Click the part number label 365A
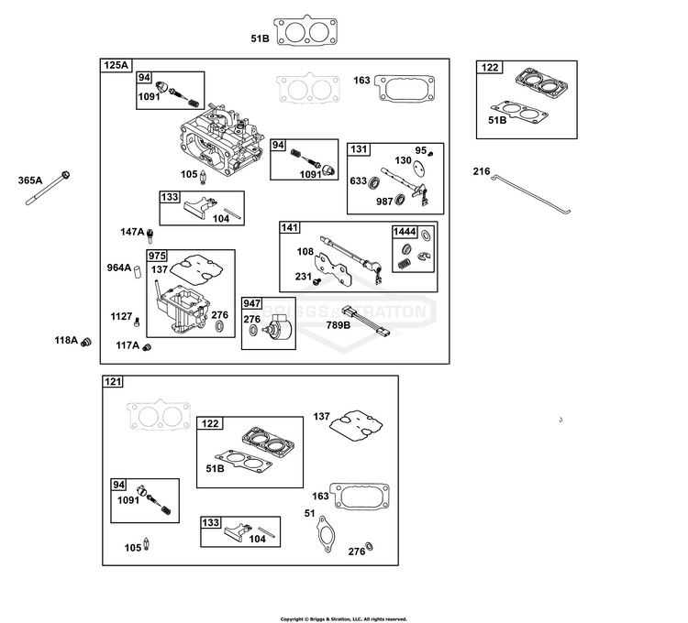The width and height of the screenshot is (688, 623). tap(30, 180)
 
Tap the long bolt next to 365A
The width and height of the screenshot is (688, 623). tap(48, 189)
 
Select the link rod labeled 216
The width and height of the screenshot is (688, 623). tap(530, 194)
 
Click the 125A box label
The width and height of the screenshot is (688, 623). tap(116, 65)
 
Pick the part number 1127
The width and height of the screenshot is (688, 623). tap(121, 316)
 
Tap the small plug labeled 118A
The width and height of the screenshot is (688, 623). tap(86, 342)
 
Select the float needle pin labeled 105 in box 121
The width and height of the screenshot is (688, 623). tap(146, 544)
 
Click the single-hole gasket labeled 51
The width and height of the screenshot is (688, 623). tap(325, 534)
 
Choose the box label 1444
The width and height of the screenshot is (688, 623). tap(405, 232)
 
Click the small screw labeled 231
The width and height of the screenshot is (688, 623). tap(317, 280)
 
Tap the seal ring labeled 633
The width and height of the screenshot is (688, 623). tap(374, 181)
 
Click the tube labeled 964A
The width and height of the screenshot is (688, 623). tap(137, 271)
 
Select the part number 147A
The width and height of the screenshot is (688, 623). tap(132, 232)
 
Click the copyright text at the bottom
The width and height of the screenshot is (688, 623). tap(344, 619)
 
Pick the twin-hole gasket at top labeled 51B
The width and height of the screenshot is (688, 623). tap(305, 30)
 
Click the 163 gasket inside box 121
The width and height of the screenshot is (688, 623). tap(360, 497)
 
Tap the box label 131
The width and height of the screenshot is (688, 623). tap(359, 149)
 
